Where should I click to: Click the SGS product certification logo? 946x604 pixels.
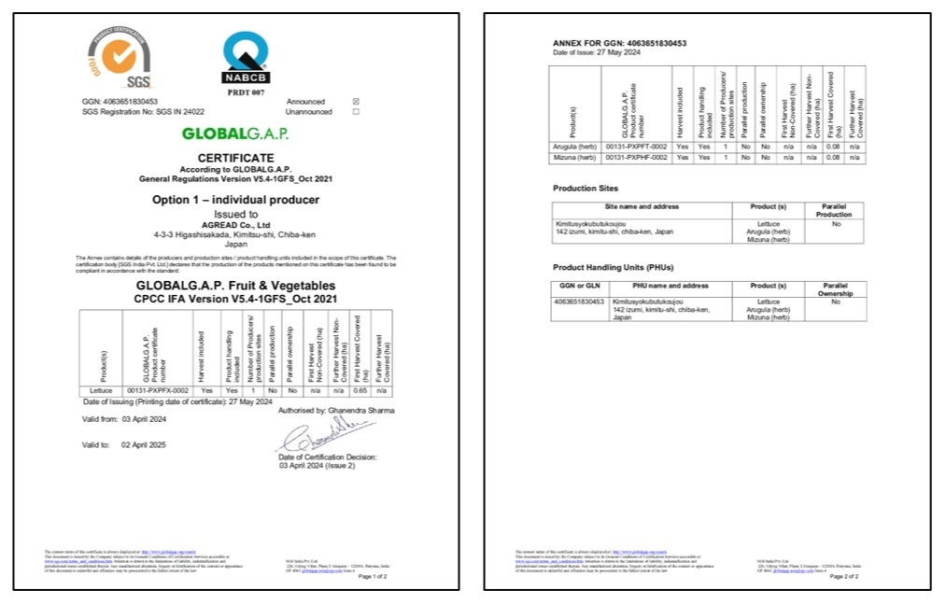(120, 58)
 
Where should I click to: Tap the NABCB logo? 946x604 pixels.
(246, 58)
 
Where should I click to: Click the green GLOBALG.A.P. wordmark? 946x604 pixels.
(235, 133)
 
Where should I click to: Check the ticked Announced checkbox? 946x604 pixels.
(355, 102)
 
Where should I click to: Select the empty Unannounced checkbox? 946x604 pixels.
(355, 112)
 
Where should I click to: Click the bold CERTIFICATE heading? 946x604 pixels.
(235, 159)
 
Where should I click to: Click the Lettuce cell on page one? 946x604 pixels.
(100, 390)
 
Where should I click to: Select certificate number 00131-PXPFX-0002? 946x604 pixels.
(158, 390)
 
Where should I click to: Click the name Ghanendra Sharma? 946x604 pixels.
(362, 410)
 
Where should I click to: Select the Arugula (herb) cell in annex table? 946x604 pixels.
(572, 147)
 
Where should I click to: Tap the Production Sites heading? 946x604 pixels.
(586, 189)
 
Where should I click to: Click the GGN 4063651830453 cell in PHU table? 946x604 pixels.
(579, 302)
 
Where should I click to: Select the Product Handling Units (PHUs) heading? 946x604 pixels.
(613, 268)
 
